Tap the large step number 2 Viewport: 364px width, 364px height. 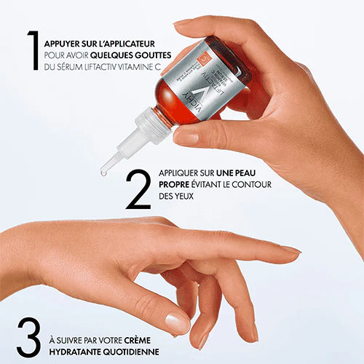point(138,189)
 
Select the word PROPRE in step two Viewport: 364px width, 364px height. point(174,185)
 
